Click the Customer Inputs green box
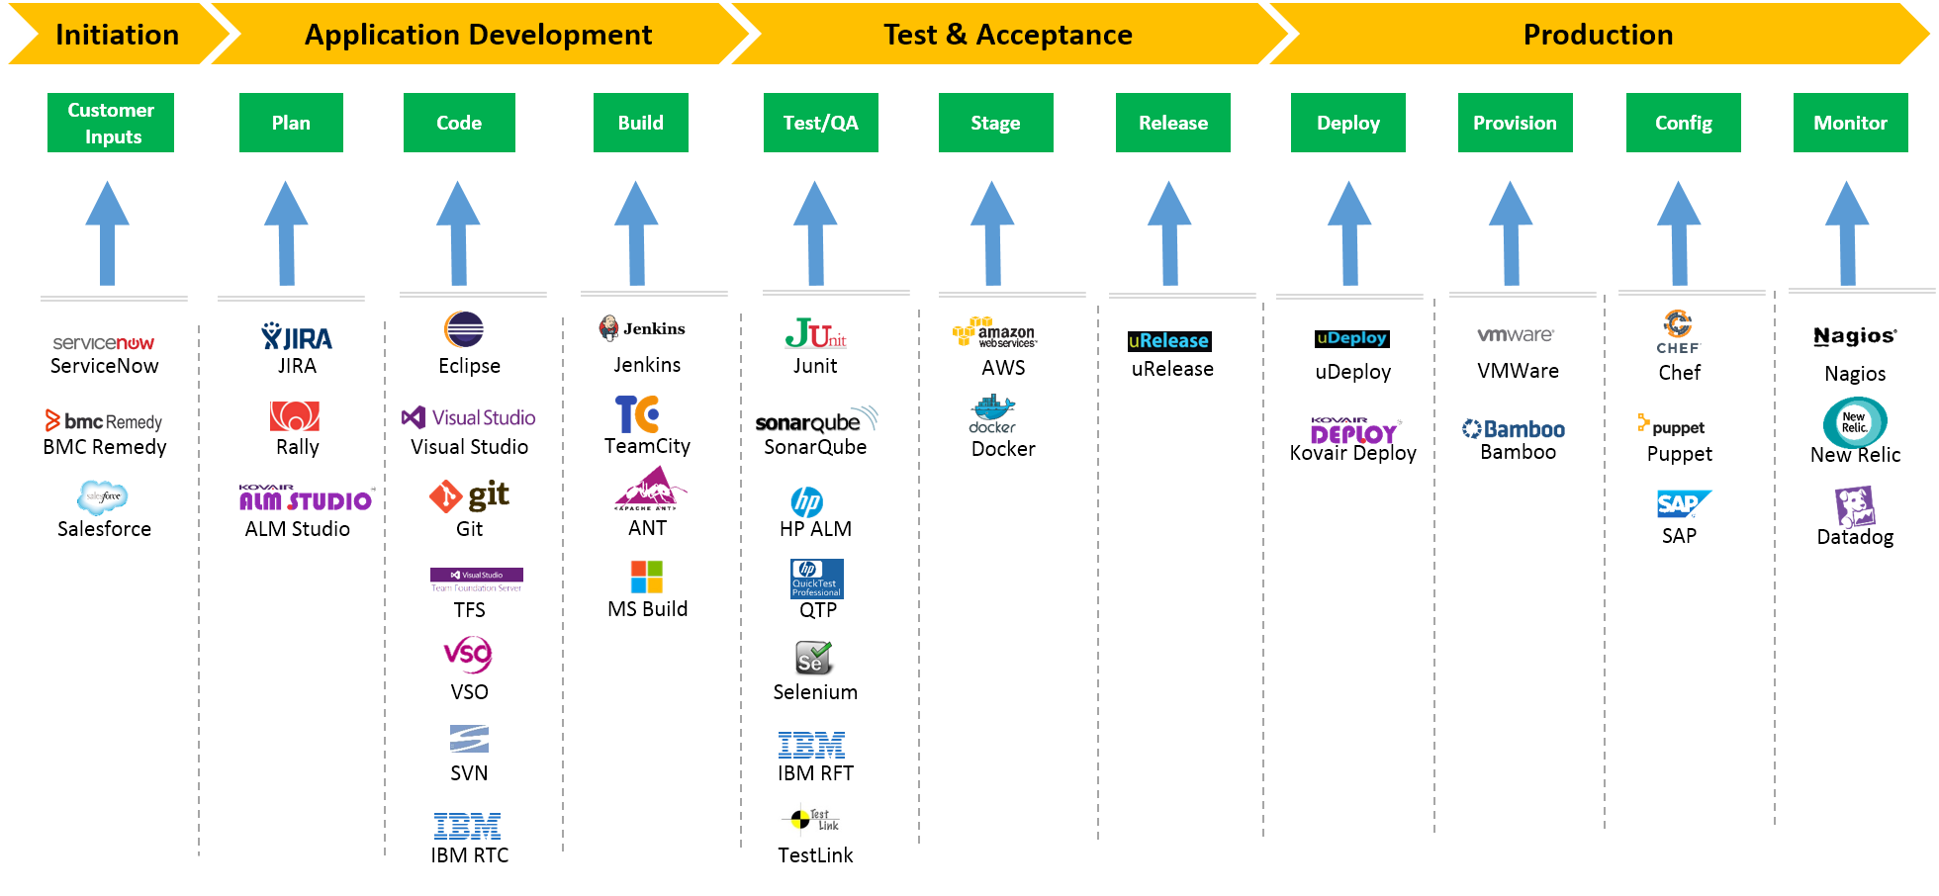[111, 123]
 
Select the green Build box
[640, 123]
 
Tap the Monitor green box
[1850, 123]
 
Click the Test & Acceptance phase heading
[1007, 35]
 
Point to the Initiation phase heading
[117, 35]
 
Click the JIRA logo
[297, 338]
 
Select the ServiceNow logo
[104, 343]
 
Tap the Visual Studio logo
[468, 417]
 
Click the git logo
[470, 494]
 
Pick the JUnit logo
[815, 332]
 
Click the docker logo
[992, 414]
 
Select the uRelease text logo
[1168, 340]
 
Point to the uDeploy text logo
[1351, 337]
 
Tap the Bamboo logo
[1514, 429]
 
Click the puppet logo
[1671, 425]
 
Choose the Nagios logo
[1855, 336]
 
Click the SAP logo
[1683, 504]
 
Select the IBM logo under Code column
[467, 826]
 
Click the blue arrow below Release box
[1169, 234]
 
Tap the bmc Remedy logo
[104, 421]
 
